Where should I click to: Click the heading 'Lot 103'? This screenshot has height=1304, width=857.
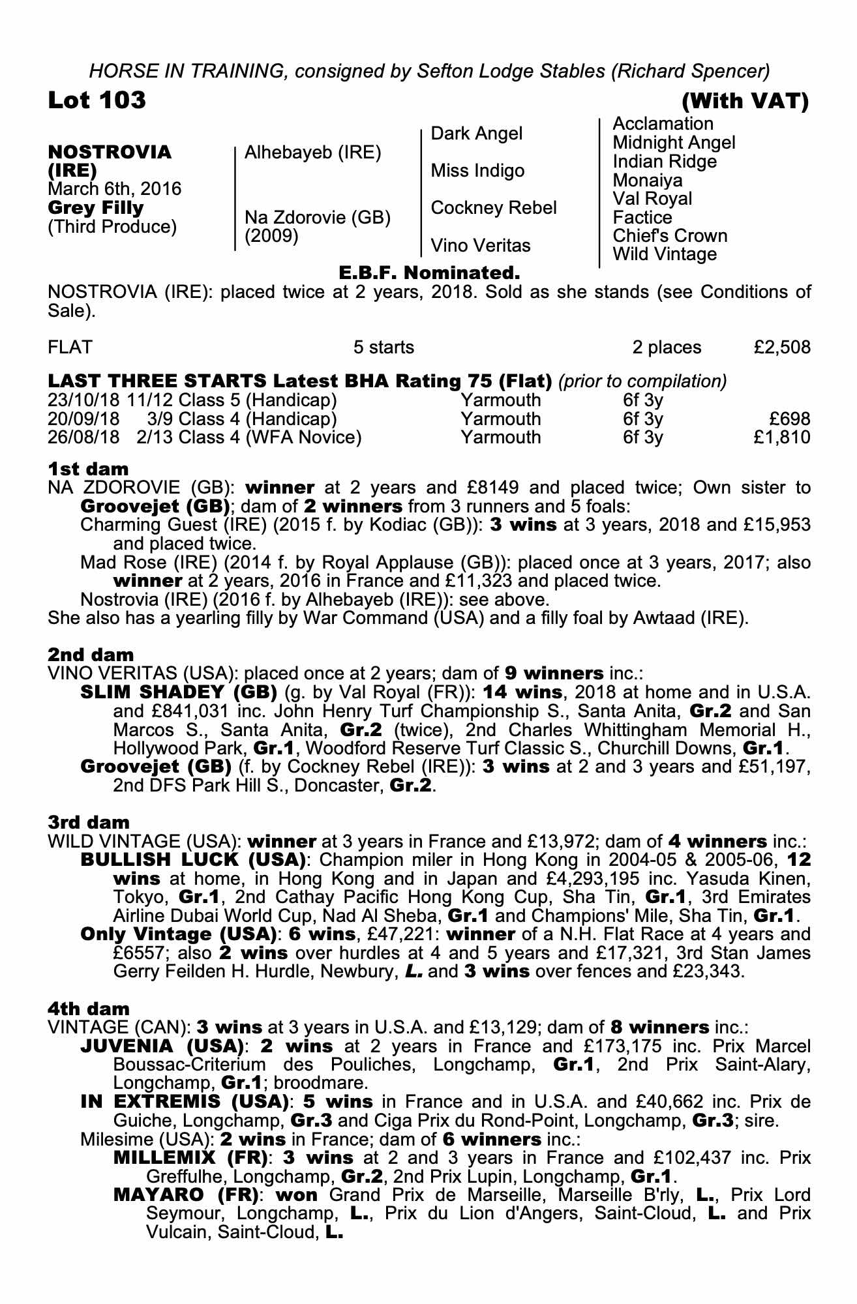click(97, 100)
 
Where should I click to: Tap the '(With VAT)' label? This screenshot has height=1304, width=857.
click(745, 101)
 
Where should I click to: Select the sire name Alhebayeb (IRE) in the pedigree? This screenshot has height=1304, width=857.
click(312, 153)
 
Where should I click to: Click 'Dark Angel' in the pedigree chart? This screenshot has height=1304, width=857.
click(477, 134)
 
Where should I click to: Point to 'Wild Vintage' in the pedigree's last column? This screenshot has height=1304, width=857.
click(665, 254)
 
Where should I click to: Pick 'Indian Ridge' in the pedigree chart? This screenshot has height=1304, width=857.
click(665, 162)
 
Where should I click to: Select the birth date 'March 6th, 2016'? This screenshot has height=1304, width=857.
click(115, 189)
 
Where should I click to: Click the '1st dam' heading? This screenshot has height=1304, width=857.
click(88, 469)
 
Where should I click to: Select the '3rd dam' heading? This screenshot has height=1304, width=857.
click(89, 822)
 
